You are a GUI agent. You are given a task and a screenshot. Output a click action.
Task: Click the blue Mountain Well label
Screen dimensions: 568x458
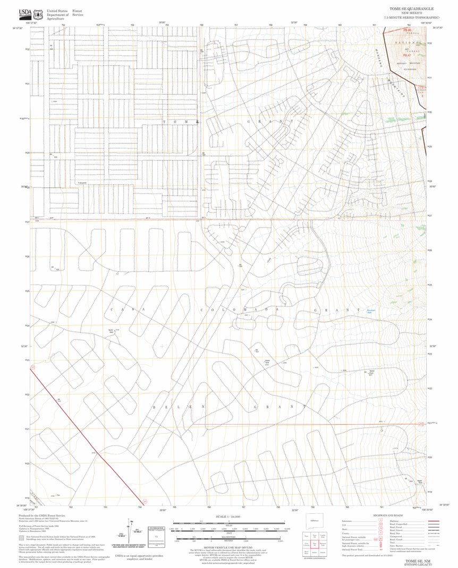372,310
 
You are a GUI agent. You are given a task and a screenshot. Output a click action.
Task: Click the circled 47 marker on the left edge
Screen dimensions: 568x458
33,367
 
